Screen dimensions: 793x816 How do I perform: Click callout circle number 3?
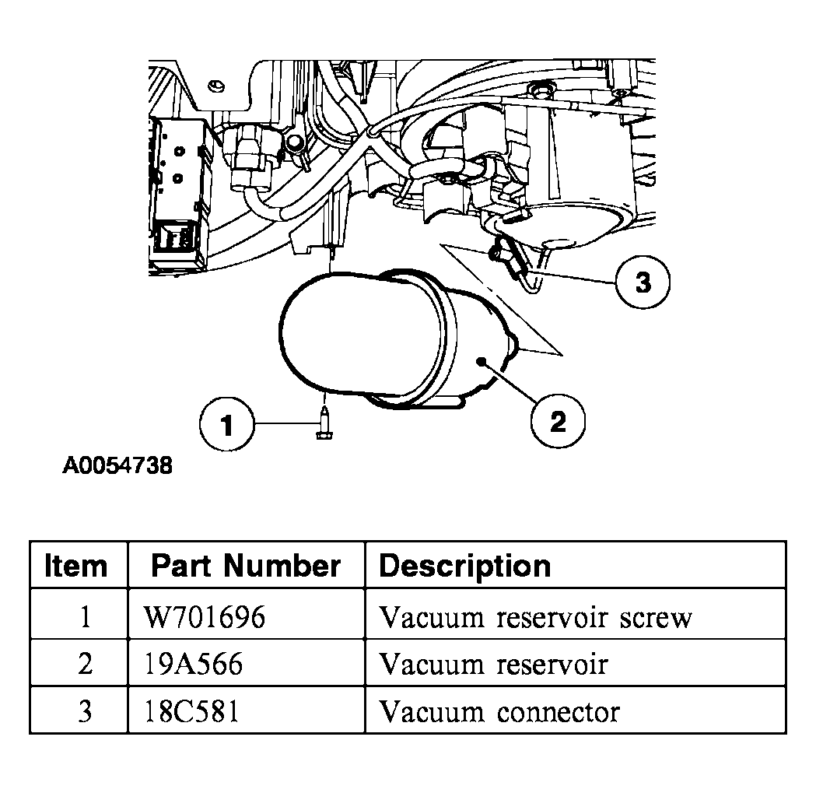tap(643, 282)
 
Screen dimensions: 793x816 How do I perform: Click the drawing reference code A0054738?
tap(117, 467)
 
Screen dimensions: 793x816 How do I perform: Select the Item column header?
tap(77, 566)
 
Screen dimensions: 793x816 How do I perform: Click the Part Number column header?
tap(246, 566)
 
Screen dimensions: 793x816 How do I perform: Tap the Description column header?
tap(464, 566)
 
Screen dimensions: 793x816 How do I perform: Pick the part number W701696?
tap(205, 617)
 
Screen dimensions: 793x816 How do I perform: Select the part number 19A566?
tap(193, 665)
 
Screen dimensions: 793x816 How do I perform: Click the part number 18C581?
tap(191, 711)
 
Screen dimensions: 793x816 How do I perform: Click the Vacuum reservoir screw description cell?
tap(534, 617)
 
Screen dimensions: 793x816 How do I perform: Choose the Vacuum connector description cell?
tap(499, 711)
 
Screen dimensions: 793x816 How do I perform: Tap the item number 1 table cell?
tap(85, 617)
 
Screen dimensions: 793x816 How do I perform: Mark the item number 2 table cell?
tap(85, 665)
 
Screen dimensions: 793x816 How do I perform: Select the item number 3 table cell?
tap(85, 711)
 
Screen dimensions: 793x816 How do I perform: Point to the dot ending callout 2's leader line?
tap(483, 362)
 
